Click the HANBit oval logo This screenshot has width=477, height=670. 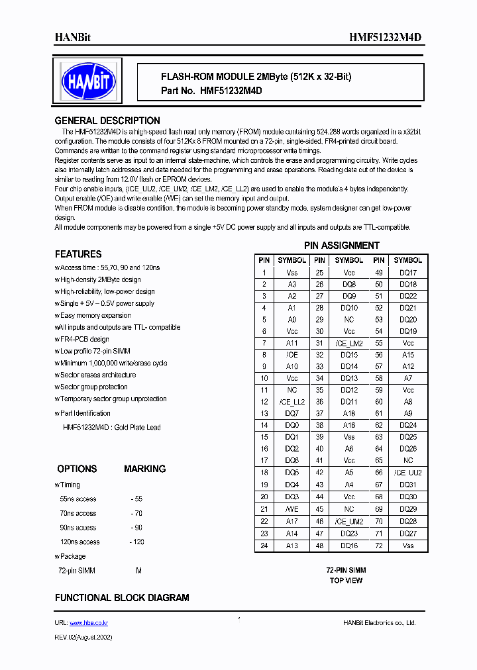coord(88,81)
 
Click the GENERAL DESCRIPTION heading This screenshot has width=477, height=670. coord(107,120)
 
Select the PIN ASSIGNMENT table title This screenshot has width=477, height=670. coord(341,246)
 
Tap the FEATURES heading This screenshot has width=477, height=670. coord(78,254)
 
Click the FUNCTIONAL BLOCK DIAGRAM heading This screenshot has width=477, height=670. coord(121,597)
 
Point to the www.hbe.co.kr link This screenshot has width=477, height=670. coord(89,623)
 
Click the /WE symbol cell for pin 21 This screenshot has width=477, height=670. coord(291,509)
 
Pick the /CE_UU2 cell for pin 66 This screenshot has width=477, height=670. coord(407,473)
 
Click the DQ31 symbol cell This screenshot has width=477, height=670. coord(407,485)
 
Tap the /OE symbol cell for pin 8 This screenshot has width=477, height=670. coord(291,355)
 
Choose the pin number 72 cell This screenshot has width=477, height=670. coord(379,546)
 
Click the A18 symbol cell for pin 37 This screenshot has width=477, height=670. coord(349,414)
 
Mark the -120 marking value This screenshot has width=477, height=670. coord(138,542)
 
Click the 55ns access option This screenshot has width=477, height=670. coord(78,499)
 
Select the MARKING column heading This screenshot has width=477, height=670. coord(144,469)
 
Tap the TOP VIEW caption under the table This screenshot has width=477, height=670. coord(346,581)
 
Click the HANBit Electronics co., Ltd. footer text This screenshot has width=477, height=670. coord(380,623)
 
